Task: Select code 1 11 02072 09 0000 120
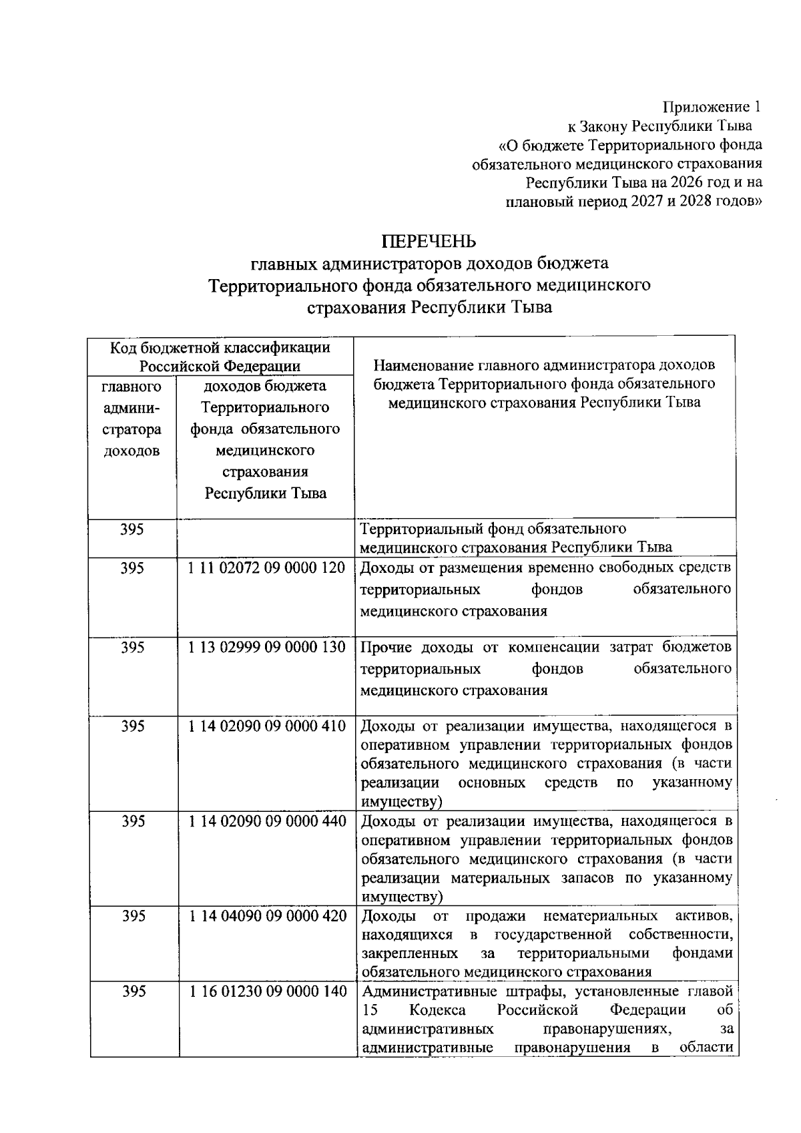click(x=266, y=568)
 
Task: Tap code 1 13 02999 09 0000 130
click(x=266, y=647)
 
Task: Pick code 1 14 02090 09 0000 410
click(x=266, y=726)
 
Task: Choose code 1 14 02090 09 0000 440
click(x=266, y=821)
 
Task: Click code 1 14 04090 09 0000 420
click(x=266, y=916)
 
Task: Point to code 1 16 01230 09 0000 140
click(x=266, y=992)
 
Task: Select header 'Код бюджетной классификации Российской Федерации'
click(x=220, y=357)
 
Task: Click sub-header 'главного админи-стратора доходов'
click(x=132, y=419)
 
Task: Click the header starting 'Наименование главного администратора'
click(x=544, y=384)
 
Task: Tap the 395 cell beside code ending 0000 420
click(x=133, y=916)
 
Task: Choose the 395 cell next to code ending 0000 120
click(x=133, y=568)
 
